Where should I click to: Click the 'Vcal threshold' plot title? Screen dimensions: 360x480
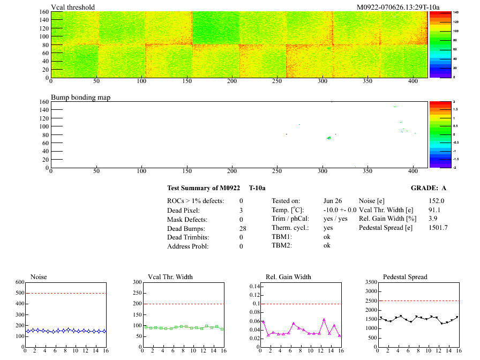coord(73,7)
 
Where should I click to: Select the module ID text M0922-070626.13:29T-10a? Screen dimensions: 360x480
coord(398,7)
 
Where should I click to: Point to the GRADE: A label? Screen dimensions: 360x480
coord(429,188)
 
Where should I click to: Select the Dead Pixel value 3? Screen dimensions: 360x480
coord(241,210)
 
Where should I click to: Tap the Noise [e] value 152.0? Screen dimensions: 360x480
coord(437,201)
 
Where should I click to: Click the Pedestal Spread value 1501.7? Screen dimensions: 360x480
coord(438,228)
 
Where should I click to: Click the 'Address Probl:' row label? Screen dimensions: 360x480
coord(187,246)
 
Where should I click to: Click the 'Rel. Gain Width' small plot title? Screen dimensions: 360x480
coord(288,277)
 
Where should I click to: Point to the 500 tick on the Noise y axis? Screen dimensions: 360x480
coord(20,293)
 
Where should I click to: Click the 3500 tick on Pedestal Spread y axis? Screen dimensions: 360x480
coord(369,282)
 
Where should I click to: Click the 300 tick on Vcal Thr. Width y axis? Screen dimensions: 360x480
coord(137,282)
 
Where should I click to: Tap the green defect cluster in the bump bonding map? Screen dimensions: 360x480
coord(328,138)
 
